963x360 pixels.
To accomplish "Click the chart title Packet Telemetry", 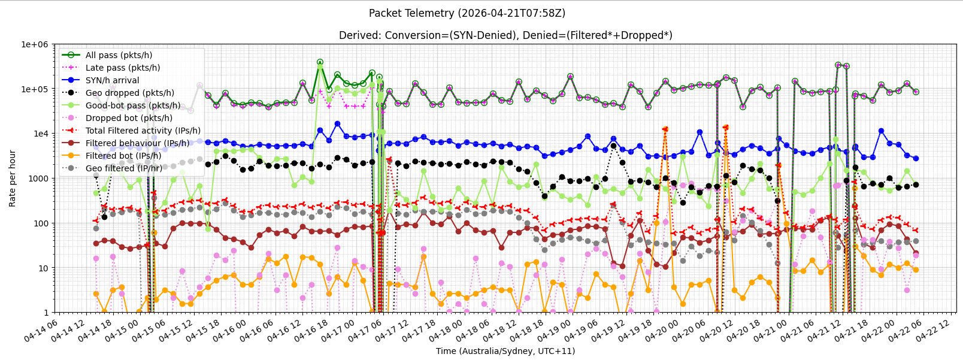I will point(467,13).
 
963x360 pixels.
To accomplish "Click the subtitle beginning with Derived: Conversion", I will point(505,35).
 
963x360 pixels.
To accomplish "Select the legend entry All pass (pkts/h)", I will point(119,55).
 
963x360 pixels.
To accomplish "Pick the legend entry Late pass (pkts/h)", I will point(123,68).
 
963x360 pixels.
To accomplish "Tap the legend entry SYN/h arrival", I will point(112,80).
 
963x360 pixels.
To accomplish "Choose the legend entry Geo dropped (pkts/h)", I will point(130,93).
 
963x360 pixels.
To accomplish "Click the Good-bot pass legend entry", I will point(133,105).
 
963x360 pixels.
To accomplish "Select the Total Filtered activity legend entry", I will point(143,131).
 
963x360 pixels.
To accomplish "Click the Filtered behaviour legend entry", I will point(137,143).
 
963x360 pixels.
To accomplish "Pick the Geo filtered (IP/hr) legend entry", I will point(124,168).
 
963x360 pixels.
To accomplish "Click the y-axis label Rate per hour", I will point(13,179).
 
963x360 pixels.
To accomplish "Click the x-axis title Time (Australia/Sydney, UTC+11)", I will point(505,351).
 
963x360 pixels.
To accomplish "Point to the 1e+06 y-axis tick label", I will point(35,44).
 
